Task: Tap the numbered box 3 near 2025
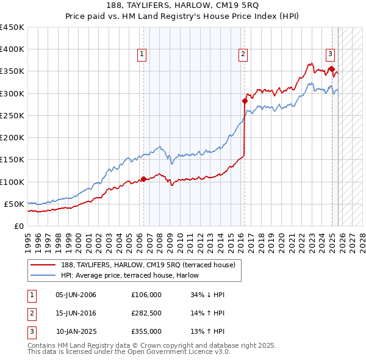point(330,54)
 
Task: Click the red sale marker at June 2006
point(143,179)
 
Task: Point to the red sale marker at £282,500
point(245,101)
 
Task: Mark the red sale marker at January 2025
point(332,69)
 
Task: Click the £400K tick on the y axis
point(12,49)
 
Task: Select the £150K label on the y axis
point(12,160)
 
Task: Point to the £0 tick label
point(19,226)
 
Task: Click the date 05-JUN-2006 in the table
point(76,295)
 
